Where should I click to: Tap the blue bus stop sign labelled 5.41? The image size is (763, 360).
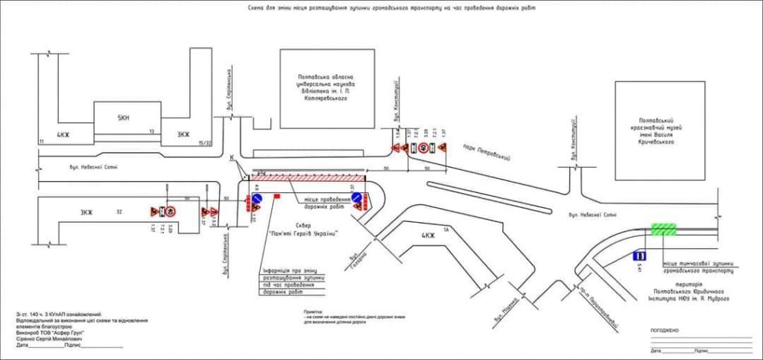click(x=639, y=256)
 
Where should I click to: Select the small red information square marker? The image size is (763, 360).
click(x=276, y=196)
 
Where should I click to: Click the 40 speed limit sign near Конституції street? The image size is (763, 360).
click(x=423, y=149)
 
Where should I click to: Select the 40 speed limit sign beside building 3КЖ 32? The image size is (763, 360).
click(x=170, y=211)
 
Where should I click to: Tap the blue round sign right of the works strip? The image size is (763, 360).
click(x=357, y=200)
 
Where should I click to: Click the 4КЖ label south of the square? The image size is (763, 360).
click(x=428, y=236)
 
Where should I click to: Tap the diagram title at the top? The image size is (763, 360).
click(x=392, y=8)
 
